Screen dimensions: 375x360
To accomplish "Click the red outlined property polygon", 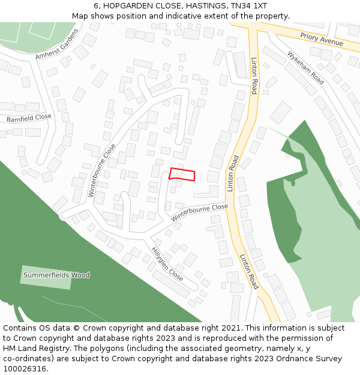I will pos(182,174).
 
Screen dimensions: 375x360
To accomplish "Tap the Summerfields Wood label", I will pos(56,275).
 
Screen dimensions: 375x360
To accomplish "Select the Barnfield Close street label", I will pos(29,118).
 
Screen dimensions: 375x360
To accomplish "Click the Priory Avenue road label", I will pos(322,40).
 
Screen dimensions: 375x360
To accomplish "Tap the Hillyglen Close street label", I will pos(167,265).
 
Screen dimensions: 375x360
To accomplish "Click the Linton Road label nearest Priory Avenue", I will pos(254,76).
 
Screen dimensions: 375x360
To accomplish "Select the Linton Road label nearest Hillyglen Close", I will pos(249,272).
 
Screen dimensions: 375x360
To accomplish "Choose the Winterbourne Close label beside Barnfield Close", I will pos(102,170).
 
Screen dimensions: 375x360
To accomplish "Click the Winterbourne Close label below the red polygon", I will pos(200,212).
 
